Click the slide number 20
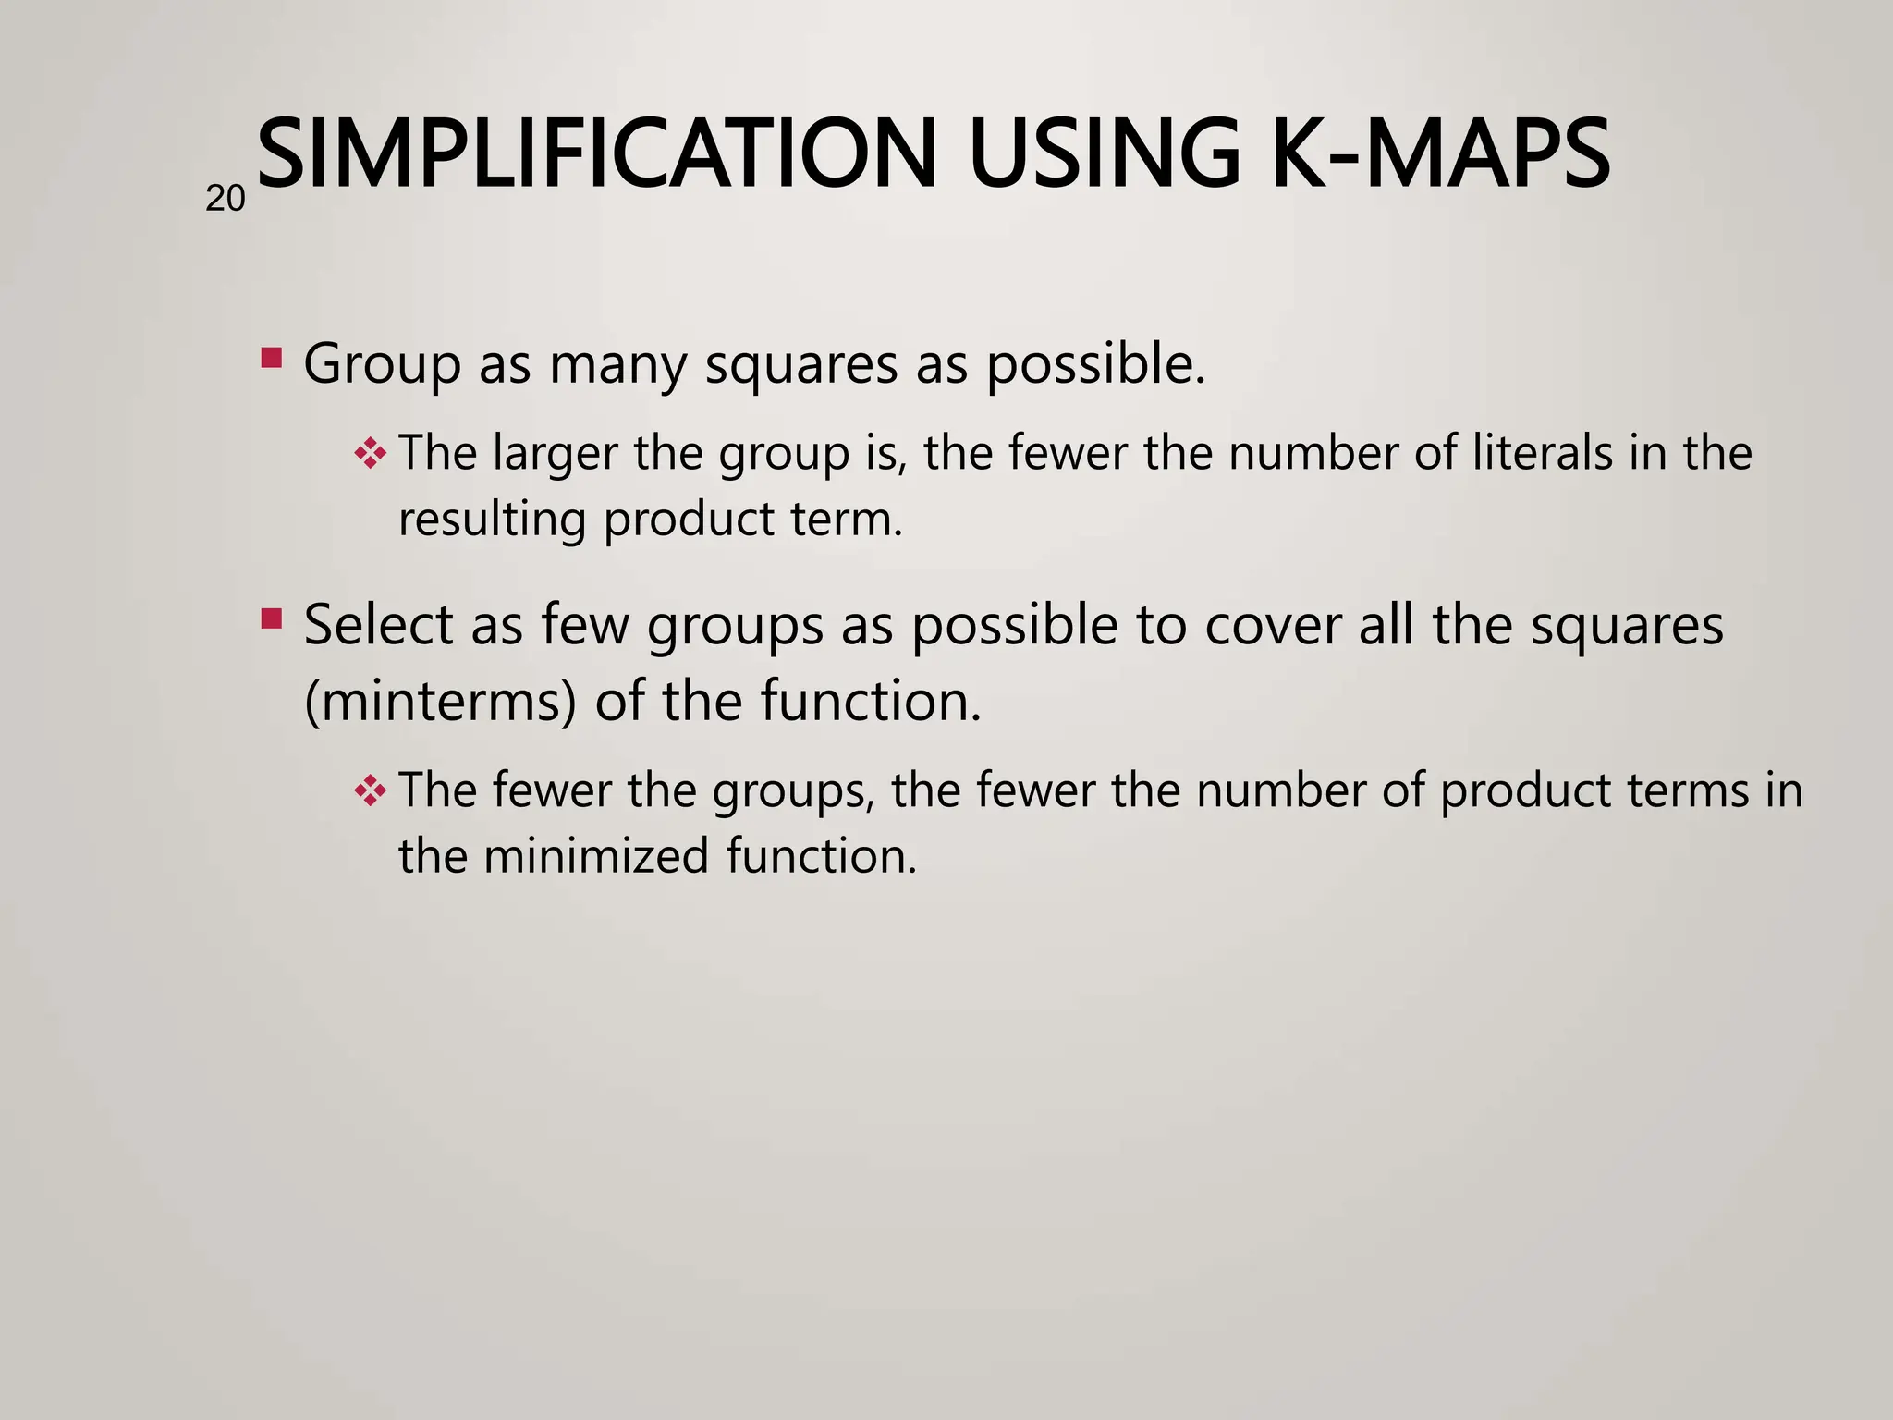tap(225, 199)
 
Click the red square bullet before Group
tap(271, 358)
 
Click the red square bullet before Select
tap(271, 618)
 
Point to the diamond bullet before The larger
tap(370, 453)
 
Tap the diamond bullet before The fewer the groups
tap(370, 790)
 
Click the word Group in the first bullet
tap(382, 364)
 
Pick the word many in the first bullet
tap(617, 364)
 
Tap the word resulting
tap(492, 520)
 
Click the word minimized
tap(595, 856)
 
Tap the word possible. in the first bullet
tap(1096, 364)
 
